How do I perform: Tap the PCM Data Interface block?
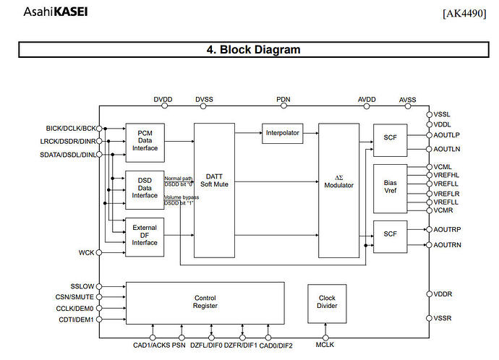(x=145, y=142)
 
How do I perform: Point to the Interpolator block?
(x=282, y=133)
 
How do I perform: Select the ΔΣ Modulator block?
(x=338, y=189)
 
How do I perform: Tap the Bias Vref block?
(x=390, y=188)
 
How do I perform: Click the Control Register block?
(x=205, y=302)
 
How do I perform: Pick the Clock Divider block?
(x=327, y=302)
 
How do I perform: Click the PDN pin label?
(x=283, y=98)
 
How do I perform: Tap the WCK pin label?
(x=86, y=252)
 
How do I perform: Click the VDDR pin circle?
(x=428, y=294)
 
